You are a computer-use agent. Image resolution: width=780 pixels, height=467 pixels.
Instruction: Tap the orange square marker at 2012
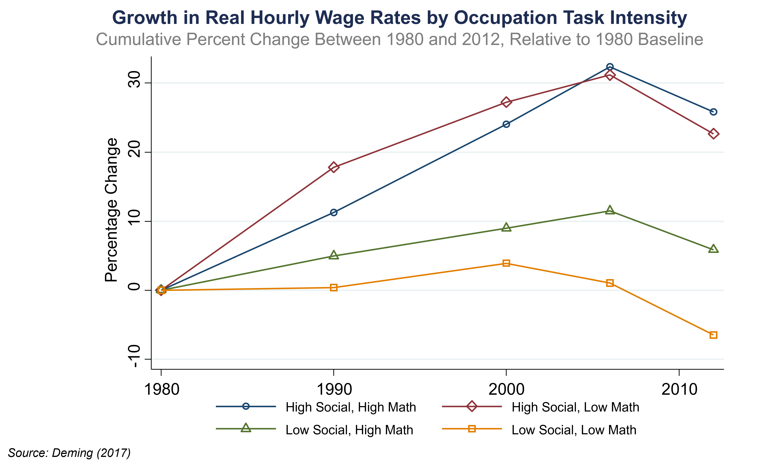click(713, 335)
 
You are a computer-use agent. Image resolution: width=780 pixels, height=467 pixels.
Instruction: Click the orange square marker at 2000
click(506, 263)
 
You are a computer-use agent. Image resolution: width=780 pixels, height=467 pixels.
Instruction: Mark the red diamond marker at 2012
click(713, 134)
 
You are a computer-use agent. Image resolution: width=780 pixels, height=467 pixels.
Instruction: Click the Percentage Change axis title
click(111, 210)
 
